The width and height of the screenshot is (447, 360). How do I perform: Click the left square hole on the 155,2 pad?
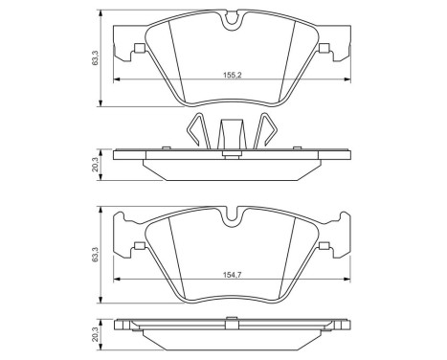coord(142,50)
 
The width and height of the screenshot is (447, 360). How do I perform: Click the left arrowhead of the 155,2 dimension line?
coord(117,79)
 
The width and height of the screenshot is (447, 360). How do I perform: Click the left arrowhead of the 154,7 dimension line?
coord(117,280)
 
